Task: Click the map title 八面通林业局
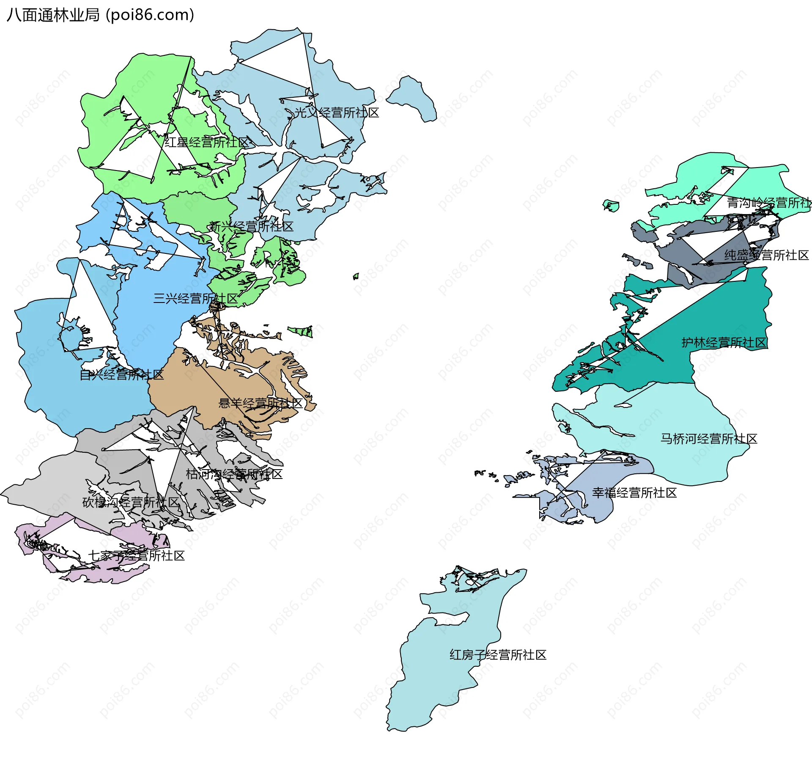(x=53, y=15)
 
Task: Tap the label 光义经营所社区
(x=336, y=113)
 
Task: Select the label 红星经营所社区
(x=207, y=142)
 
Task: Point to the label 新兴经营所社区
(x=251, y=226)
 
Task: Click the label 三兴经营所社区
(x=195, y=298)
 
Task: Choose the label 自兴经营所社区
(x=122, y=374)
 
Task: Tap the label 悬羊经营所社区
(x=260, y=403)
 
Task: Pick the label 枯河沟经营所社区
(x=234, y=474)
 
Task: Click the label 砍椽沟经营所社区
(x=131, y=502)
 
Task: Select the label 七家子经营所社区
(x=136, y=555)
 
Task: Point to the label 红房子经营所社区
(x=498, y=655)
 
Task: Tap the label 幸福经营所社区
(x=634, y=493)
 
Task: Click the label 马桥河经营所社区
(x=709, y=439)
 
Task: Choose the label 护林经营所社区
(x=724, y=342)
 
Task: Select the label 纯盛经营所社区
(x=766, y=255)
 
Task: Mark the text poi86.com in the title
(x=150, y=15)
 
